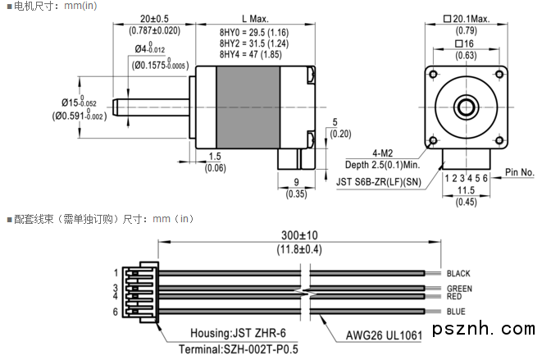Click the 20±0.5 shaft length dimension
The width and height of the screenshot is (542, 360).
pyautogui.click(x=154, y=18)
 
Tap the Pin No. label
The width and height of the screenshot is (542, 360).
pyautogui.click(x=519, y=172)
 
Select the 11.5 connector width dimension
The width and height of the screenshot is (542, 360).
pyautogui.click(x=465, y=190)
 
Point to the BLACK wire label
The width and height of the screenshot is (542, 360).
pyautogui.click(x=458, y=273)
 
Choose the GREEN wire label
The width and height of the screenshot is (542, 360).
pyautogui.click(x=459, y=289)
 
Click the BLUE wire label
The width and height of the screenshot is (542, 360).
pyautogui.click(x=456, y=311)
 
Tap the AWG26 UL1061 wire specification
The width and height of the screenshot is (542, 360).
pyautogui.click(x=383, y=334)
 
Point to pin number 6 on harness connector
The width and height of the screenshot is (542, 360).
pyautogui.click(x=116, y=311)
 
